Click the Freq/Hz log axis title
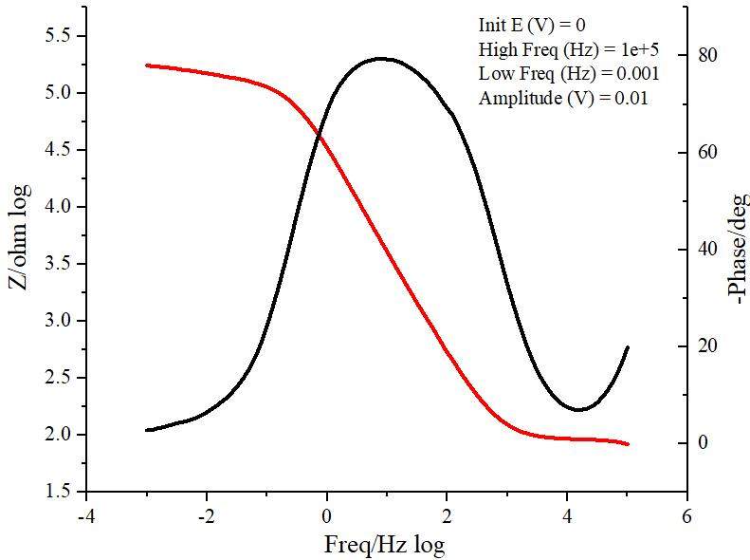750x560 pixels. [384, 545]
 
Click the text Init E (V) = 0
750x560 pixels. [531, 26]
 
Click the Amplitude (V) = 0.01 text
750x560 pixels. [563, 98]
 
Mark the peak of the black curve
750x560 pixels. [381, 59]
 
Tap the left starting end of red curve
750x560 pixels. [147, 65]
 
